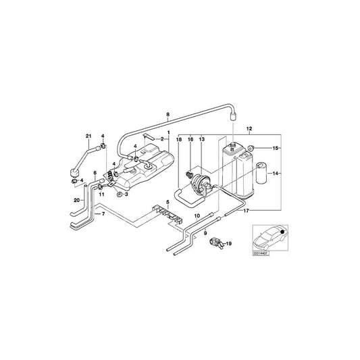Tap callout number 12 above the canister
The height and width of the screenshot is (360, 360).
point(249,128)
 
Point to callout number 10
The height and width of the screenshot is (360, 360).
point(197,215)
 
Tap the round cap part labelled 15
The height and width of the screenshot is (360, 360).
point(251,147)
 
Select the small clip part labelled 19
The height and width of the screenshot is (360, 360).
point(216,242)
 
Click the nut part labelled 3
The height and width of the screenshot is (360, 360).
point(118,195)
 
